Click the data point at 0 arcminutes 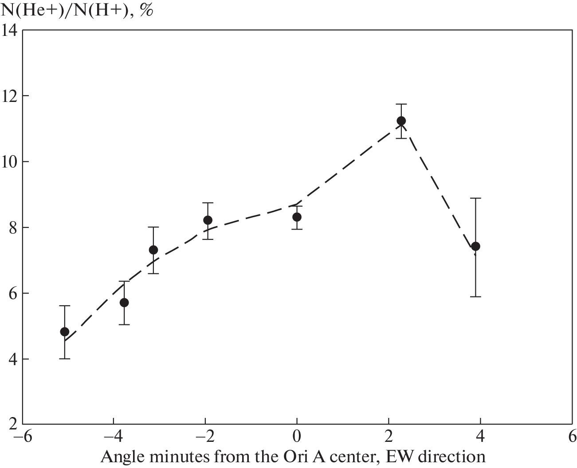click(297, 217)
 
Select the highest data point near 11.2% click(401, 121)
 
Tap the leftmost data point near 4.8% click(65, 331)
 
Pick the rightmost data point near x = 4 click(475, 246)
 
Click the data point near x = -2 click(208, 220)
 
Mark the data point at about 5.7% click(124, 302)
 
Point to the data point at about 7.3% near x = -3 click(153, 250)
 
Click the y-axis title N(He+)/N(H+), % click(78, 10)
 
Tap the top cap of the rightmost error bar click(475, 198)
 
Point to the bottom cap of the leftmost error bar click(65, 359)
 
